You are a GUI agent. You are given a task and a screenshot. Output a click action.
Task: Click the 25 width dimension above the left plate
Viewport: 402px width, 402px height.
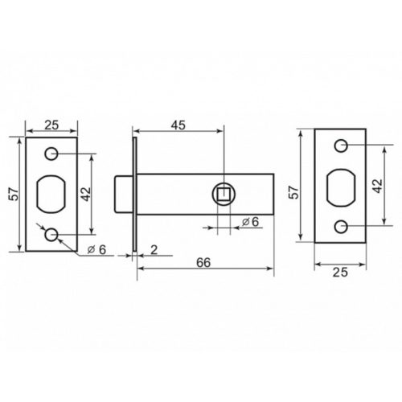pos(51,125)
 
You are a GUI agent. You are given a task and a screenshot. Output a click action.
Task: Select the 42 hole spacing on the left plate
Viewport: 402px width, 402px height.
pos(85,193)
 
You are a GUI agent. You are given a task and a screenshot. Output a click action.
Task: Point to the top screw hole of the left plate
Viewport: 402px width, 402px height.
pos(52,153)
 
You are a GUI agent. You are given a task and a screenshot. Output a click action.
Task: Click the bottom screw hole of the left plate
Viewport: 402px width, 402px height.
pos(52,234)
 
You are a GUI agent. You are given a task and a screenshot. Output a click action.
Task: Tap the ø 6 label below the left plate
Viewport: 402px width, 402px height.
pos(96,248)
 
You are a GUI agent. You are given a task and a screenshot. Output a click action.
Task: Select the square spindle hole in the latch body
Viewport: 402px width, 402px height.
pos(223,193)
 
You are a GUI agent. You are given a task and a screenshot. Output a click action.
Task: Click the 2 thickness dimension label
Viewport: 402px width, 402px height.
pos(153,249)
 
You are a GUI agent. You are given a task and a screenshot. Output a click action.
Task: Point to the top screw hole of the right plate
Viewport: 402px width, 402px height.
pos(341,146)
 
